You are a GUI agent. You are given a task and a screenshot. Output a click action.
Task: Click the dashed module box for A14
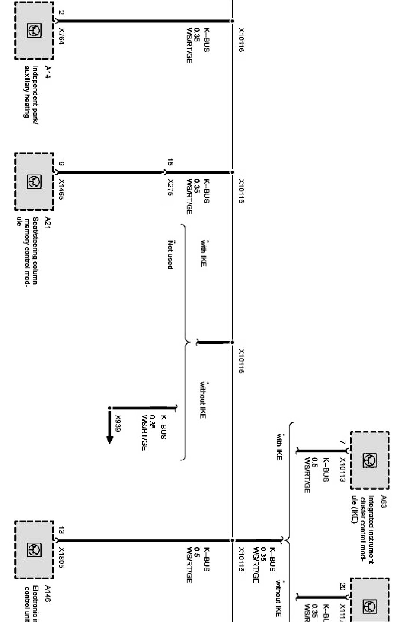34,31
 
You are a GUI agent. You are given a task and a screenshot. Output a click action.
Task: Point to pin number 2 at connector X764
61,12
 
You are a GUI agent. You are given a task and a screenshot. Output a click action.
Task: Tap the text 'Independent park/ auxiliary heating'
31,92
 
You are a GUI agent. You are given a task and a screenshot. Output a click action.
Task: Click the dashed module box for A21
34,182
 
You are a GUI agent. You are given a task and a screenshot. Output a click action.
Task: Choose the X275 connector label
170,187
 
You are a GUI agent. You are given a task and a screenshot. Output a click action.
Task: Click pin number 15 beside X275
170,162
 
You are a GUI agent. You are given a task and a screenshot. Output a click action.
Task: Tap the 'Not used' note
170,255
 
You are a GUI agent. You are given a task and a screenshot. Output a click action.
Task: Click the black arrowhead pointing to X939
110,439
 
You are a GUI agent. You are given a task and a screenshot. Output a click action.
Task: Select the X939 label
118,423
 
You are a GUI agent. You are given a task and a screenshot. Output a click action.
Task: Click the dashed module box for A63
369,460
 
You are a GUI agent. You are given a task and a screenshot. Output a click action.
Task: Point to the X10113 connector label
342,470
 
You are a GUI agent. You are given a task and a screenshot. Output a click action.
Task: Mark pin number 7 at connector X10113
342,443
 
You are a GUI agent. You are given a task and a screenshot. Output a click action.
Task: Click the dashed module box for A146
34,549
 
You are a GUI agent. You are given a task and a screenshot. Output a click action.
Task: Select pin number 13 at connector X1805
61,530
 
